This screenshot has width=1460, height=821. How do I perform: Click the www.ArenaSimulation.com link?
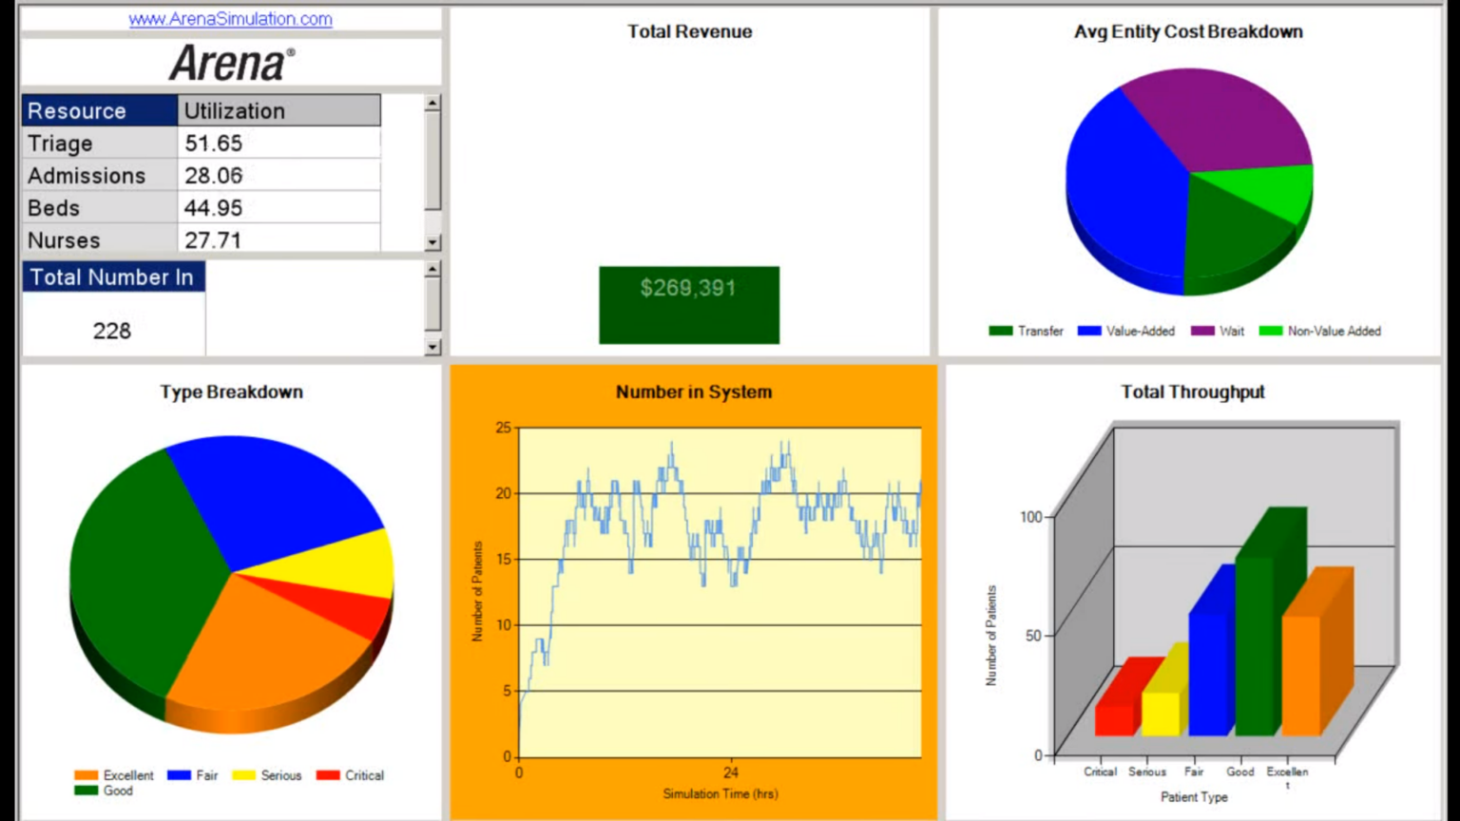230,19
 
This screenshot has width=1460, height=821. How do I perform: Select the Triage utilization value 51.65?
214,143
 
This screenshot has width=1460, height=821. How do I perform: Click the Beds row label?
54,208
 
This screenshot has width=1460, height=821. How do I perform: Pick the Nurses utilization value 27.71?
213,240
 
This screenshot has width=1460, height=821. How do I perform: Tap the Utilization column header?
235,111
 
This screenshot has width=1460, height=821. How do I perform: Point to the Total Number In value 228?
112,331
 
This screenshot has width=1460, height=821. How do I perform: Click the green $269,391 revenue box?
688,304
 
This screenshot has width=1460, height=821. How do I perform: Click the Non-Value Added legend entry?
1334,331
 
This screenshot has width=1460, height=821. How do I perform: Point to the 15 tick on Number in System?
503,559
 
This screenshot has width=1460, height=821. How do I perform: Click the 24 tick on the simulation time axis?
730,773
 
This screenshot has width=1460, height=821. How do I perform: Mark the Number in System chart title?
693,391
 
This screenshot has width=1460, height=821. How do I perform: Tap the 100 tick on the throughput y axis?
1031,517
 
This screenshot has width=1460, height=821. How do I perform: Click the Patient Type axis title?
1194,797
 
